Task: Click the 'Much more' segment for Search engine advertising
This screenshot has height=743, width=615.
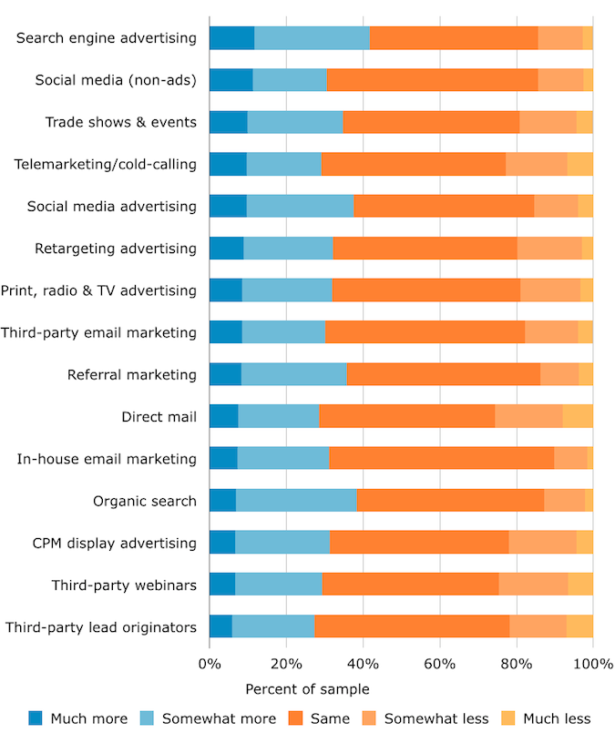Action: tap(231, 37)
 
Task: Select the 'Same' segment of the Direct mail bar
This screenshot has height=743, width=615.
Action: tap(406, 417)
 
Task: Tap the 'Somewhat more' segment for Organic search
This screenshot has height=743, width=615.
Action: tap(296, 501)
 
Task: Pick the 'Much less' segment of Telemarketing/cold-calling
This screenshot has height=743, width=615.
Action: tap(579, 164)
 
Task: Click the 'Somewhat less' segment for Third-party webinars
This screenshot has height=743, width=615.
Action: tap(533, 585)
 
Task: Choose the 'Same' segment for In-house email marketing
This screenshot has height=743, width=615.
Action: tap(442, 459)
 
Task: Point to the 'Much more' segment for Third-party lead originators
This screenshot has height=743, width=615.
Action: tap(220, 626)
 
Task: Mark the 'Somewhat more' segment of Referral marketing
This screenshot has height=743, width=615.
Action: tap(293, 374)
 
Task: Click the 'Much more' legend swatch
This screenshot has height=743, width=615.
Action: tap(36, 718)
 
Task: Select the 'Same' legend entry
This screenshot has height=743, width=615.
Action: tap(330, 718)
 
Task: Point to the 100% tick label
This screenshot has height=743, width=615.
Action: tap(593, 663)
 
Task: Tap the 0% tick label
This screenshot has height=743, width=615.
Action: tap(210, 663)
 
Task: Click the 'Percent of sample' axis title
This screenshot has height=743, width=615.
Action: tap(307, 689)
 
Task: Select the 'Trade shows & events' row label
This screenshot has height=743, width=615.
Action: tap(120, 122)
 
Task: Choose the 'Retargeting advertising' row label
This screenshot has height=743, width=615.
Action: tap(115, 249)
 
